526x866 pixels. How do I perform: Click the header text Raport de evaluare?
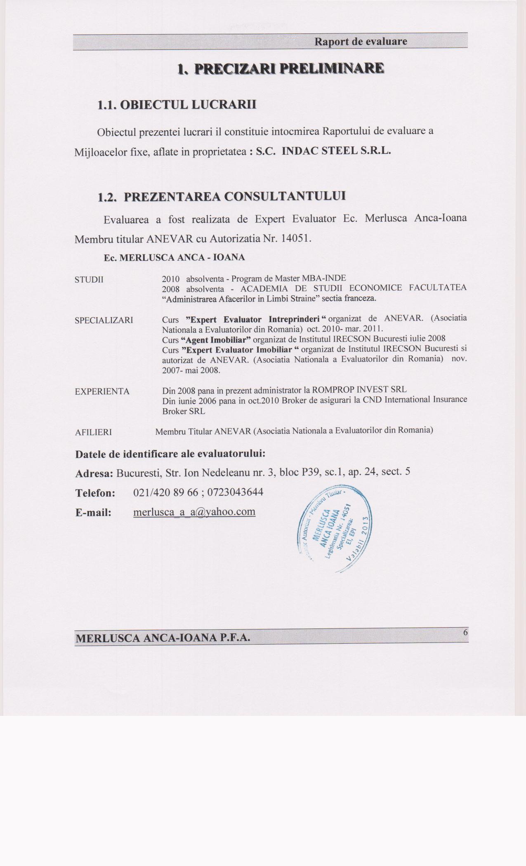pos(361,41)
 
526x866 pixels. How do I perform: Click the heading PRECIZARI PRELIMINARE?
pos(281,68)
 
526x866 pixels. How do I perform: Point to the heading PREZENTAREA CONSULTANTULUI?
pos(235,196)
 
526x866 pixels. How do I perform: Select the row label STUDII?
pos(89,280)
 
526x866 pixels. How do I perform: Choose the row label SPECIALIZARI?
pos(104,320)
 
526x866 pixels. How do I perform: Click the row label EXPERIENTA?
pos(102,392)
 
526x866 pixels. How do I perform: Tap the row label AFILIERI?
pos(93,432)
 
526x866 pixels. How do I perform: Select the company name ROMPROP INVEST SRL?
pos(359,390)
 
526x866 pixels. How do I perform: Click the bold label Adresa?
pos(94,473)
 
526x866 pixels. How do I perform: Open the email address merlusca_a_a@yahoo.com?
pos(194,512)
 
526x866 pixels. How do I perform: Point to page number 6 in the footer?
pos(465,633)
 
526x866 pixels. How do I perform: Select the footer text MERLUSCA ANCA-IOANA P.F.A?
pos(163,638)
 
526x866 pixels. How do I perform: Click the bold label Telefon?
pos(95,493)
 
